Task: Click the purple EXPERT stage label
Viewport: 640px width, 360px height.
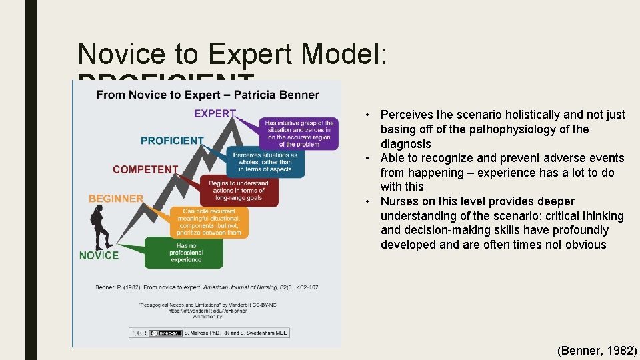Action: [x=215, y=113]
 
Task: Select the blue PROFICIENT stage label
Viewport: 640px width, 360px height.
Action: [x=172, y=141]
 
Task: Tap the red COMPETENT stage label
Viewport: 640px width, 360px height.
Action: [x=145, y=169]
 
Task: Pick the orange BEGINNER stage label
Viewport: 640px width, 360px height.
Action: [x=116, y=199]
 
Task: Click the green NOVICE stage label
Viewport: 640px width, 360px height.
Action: [x=99, y=255]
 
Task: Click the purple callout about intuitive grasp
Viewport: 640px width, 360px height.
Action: [x=299, y=133]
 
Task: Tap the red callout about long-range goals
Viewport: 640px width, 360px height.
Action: [x=238, y=191]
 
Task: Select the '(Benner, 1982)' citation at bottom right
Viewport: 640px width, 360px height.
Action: [x=597, y=350]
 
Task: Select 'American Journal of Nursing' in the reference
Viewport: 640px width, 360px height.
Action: [x=238, y=287]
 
